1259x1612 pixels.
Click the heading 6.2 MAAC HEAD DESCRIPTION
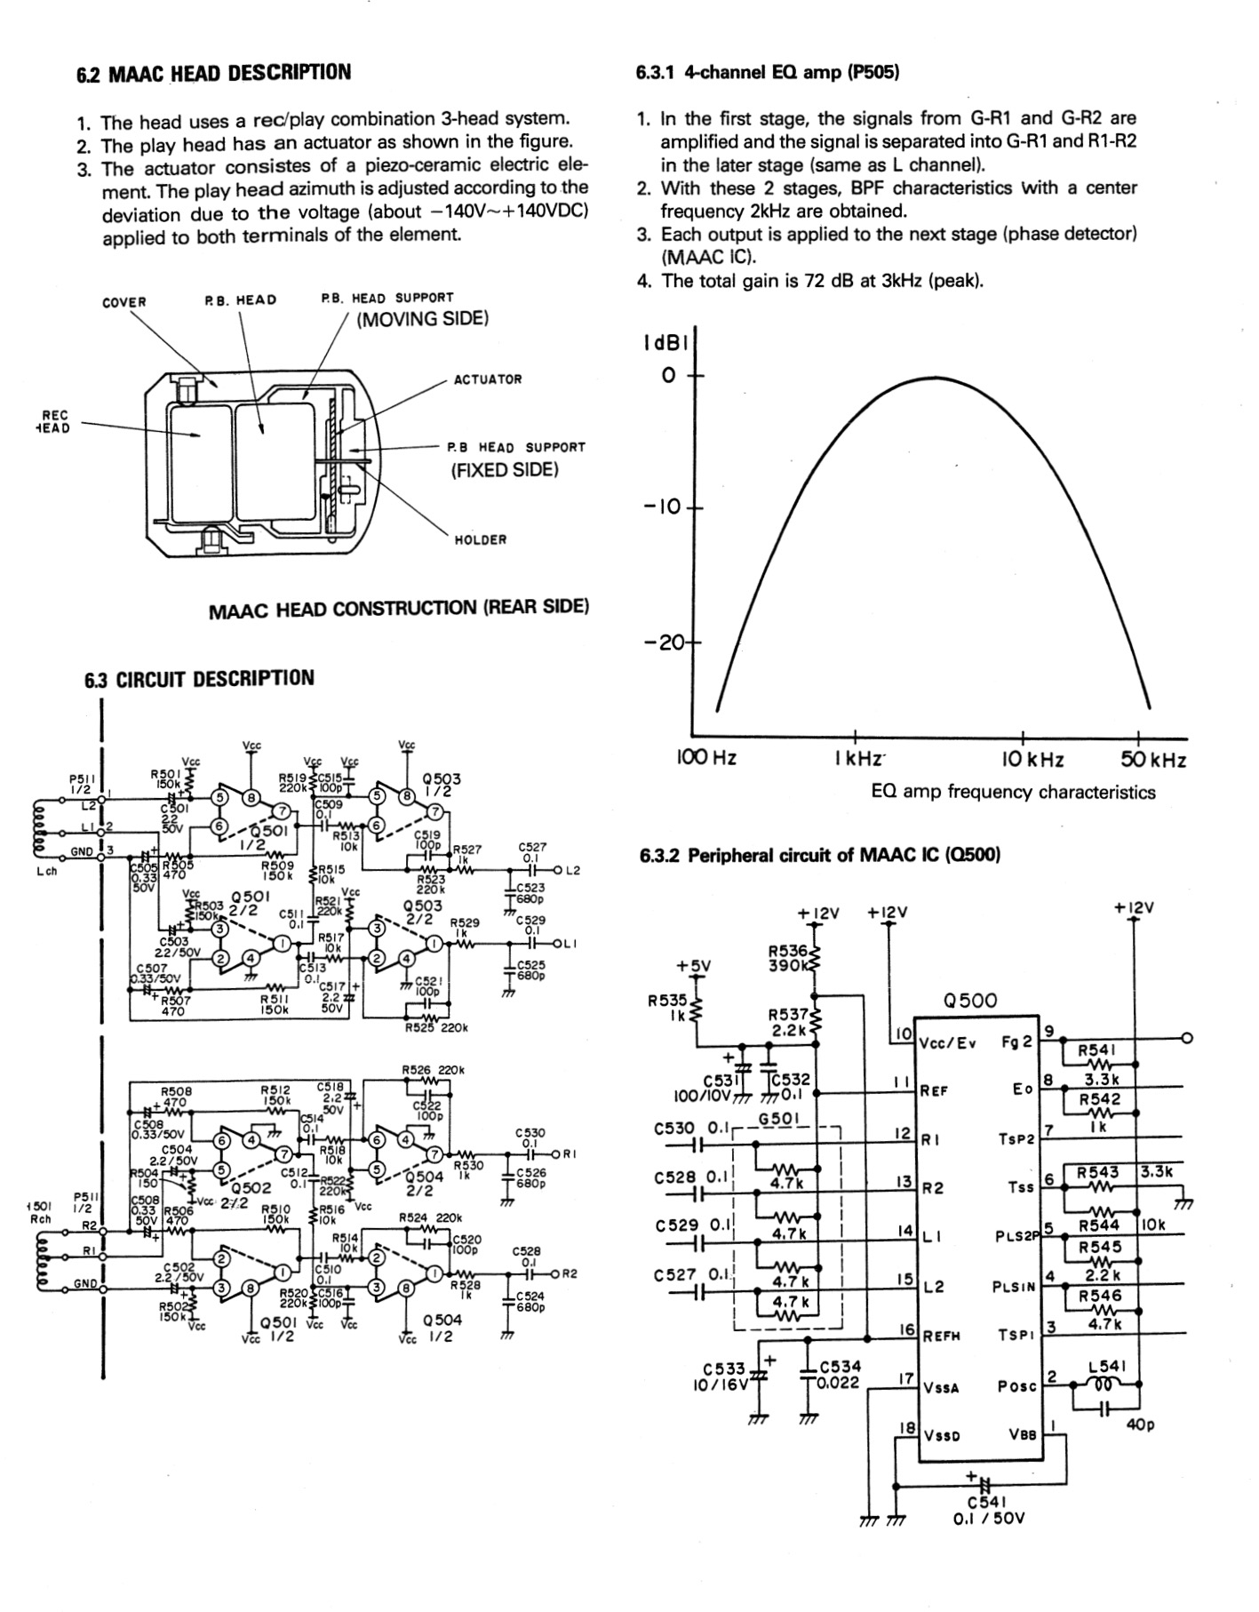213,73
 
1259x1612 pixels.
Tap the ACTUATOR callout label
488,379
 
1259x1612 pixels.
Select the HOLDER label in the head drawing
481,539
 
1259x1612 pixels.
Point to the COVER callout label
124,302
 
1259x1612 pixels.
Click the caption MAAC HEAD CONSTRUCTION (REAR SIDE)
398,609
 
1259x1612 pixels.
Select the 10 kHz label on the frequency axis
1032,760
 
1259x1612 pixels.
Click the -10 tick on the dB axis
661,507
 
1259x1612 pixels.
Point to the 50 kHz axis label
1153,760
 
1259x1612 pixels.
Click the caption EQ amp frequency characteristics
1013,792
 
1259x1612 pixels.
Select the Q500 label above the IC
970,1001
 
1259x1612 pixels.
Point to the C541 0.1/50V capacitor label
988,1511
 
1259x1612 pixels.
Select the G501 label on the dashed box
779,1118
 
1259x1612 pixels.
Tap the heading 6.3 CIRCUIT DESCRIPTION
199,679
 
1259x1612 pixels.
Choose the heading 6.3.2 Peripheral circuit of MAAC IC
819,856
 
